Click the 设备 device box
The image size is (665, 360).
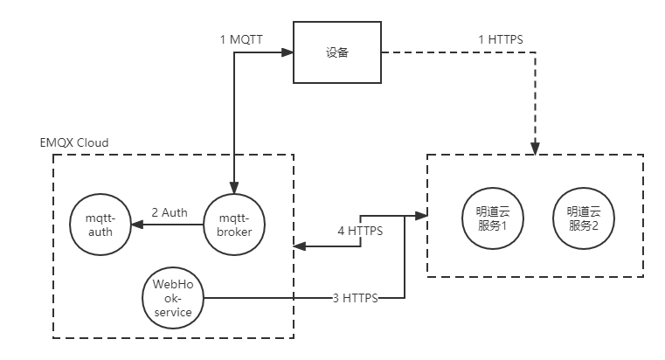click(x=336, y=53)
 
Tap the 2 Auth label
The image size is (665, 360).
click(x=170, y=212)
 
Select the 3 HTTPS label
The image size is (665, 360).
click(x=355, y=298)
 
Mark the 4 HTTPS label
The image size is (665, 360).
click(x=361, y=232)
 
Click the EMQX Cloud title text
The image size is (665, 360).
click(x=74, y=142)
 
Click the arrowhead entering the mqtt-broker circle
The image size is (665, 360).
click(x=233, y=187)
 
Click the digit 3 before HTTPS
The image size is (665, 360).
click(x=336, y=298)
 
